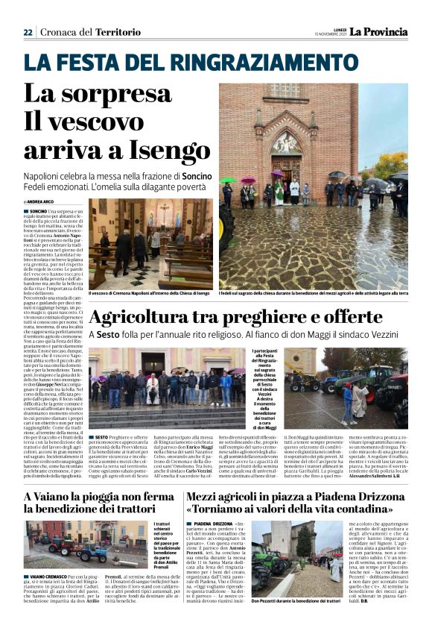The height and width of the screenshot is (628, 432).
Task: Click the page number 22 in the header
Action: pos(28,32)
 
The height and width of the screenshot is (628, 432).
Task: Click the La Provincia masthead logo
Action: pos(379,31)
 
